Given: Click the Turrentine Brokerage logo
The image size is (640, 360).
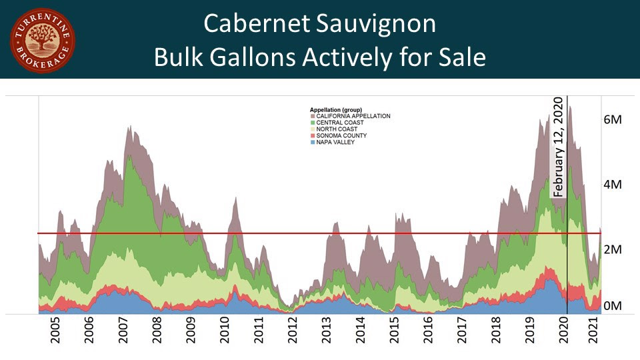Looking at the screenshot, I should (x=43, y=41).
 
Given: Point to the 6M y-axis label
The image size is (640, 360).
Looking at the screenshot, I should (x=613, y=120).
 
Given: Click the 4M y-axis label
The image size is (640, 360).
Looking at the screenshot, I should (x=613, y=184).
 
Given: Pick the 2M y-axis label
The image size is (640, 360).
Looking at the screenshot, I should (x=613, y=249).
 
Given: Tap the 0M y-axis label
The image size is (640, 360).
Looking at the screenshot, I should (x=613, y=305).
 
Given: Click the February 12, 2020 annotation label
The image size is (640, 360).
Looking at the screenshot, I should (x=559, y=146).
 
